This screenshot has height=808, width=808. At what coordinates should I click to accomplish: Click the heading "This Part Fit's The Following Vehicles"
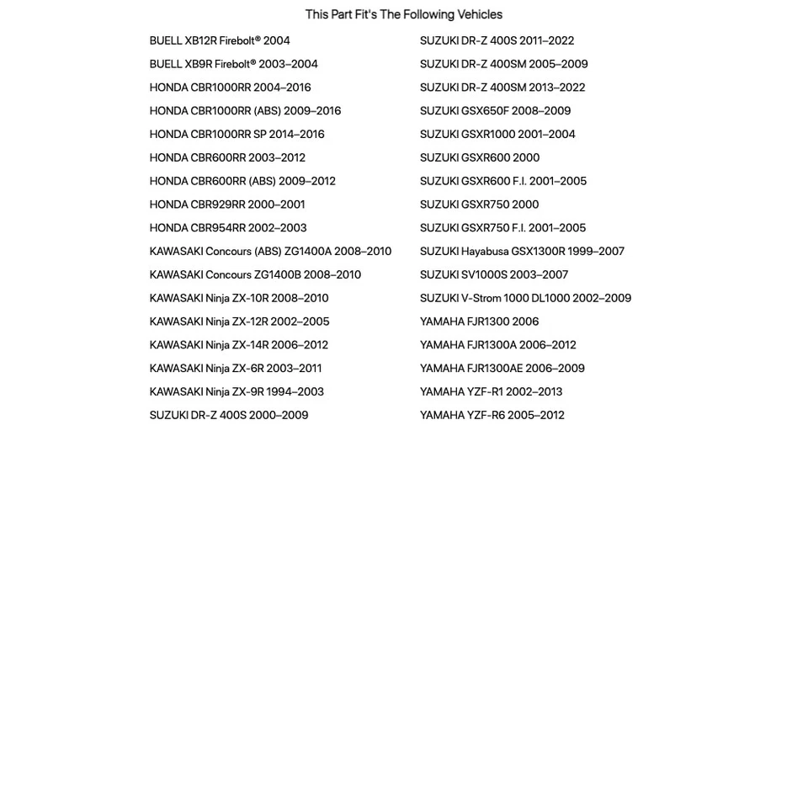coord(403,14)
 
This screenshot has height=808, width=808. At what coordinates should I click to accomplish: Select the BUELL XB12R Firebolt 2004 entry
coord(220,40)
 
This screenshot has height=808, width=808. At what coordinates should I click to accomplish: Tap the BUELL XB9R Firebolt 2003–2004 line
coord(233,64)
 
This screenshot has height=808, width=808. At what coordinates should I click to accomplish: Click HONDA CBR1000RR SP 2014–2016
coord(237,134)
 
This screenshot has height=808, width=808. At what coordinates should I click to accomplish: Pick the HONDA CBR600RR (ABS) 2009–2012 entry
coord(242,181)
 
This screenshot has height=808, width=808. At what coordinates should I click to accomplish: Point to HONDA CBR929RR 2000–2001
coord(227,205)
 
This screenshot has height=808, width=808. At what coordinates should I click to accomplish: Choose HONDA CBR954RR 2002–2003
coord(228,228)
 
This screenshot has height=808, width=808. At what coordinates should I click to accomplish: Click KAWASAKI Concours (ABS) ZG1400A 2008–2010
coord(270,251)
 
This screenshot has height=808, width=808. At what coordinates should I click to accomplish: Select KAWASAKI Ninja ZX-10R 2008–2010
coord(239,298)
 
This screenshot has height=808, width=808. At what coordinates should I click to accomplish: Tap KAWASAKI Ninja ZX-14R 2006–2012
coord(239,345)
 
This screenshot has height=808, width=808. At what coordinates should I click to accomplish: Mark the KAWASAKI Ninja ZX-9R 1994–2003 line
coord(237,391)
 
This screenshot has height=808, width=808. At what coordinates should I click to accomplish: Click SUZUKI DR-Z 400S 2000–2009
coord(229,415)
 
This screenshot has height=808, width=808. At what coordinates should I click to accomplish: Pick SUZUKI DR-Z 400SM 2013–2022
coord(502,88)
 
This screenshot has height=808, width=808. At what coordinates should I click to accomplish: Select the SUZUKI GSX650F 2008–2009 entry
coord(495,111)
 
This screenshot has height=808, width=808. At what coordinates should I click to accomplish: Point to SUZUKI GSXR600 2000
coord(480,157)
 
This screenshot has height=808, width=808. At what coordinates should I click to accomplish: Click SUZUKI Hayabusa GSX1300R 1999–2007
coord(522,251)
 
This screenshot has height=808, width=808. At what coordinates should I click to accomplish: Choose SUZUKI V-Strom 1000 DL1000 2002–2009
coord(525,298)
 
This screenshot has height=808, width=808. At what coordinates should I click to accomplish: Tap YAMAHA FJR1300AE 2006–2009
coord(502,369)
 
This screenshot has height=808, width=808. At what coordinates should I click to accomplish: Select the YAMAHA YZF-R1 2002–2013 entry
coord(491,391)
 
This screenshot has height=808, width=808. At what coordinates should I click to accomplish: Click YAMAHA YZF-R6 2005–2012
coord(492,415)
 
